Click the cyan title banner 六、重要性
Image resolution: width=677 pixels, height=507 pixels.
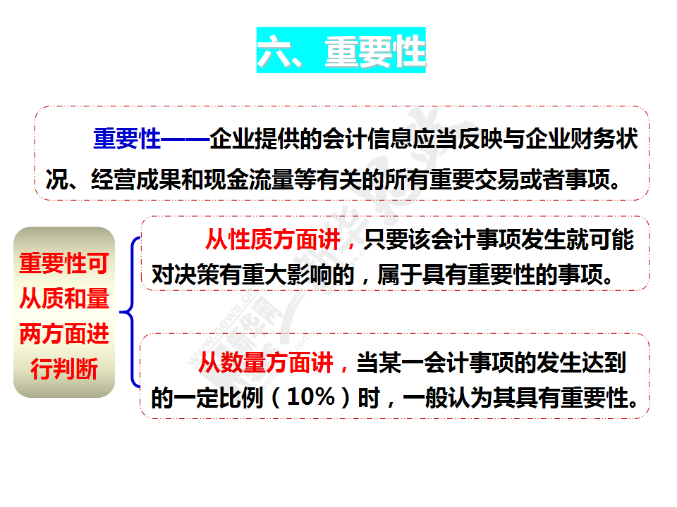[x=341, y=50]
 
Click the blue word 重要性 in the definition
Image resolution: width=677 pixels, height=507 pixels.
[x=127, y=139]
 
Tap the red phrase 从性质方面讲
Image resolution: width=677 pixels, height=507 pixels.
[x=273, y=239]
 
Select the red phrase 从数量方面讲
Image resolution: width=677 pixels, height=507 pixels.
[x=266, y=363]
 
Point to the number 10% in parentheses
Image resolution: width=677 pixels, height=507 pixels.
[x=311, y=396]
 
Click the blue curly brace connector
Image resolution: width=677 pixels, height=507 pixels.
[x=130, y=312]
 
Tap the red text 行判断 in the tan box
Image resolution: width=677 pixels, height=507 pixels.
[x=64, y=368]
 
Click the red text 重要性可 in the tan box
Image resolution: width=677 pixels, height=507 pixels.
[x=64, y=263]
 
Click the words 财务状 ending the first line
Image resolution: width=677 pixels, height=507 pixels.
[x=604, y=139]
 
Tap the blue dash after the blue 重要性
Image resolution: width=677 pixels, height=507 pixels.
[x=185, y=139]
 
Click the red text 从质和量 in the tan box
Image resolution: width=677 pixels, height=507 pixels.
[x=64, y=299]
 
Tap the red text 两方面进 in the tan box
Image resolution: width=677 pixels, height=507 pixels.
[x=64, y=334]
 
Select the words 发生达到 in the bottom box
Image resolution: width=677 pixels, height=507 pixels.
[x=581, y=363]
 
